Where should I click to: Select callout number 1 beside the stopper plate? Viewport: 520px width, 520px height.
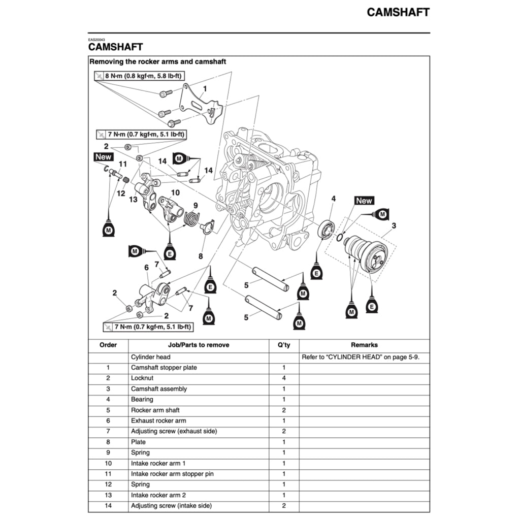204,88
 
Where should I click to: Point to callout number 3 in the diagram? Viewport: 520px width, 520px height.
394,225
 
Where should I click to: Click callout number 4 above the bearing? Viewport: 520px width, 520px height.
333,199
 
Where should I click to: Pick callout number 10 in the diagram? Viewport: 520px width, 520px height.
175,192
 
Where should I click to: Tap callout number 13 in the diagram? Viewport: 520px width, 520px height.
133,200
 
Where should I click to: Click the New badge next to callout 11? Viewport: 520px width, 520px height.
103,157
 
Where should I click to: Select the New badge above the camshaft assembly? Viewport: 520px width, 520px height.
364,201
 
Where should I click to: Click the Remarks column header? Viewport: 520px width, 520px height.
364,345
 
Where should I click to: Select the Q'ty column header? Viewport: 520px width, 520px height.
284,345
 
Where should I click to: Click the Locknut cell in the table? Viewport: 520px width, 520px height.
143,378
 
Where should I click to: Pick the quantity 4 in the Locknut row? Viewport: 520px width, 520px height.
284,378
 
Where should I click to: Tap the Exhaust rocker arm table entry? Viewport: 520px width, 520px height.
158,420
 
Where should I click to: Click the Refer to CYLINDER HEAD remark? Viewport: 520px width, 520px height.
361,357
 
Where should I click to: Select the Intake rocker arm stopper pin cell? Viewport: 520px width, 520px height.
172,474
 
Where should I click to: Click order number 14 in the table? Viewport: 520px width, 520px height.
108,506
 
